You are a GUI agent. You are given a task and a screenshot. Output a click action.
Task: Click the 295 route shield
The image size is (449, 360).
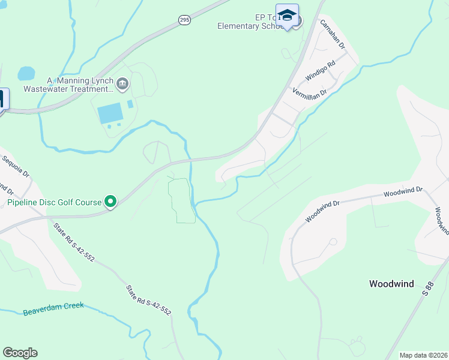click(x=184, y=20)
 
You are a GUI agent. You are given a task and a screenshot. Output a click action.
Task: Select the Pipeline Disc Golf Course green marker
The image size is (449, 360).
click(x=110, y=202)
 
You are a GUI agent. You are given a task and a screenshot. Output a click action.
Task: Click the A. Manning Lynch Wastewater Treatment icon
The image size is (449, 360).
click(x=123, y=83)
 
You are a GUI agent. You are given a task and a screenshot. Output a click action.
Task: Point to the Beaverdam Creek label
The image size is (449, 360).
click(x=53, y=310)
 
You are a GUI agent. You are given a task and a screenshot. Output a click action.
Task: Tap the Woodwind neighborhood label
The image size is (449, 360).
click(x=391, y=284)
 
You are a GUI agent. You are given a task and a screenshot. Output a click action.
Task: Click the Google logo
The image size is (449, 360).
click(x=20, y=352)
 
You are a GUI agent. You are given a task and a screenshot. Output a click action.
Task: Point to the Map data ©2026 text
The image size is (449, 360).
click(x=423, y=355)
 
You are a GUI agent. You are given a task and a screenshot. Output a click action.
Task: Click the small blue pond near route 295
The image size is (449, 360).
click(x=26, y=74)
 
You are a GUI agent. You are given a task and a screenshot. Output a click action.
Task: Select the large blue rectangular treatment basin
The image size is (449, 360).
click(x=109, y=112)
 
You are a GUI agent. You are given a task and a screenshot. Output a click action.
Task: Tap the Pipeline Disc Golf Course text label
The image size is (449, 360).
click(x=55, y=202)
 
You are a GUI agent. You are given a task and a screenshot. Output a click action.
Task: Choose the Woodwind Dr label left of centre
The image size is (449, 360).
click(x=322, y=212)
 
